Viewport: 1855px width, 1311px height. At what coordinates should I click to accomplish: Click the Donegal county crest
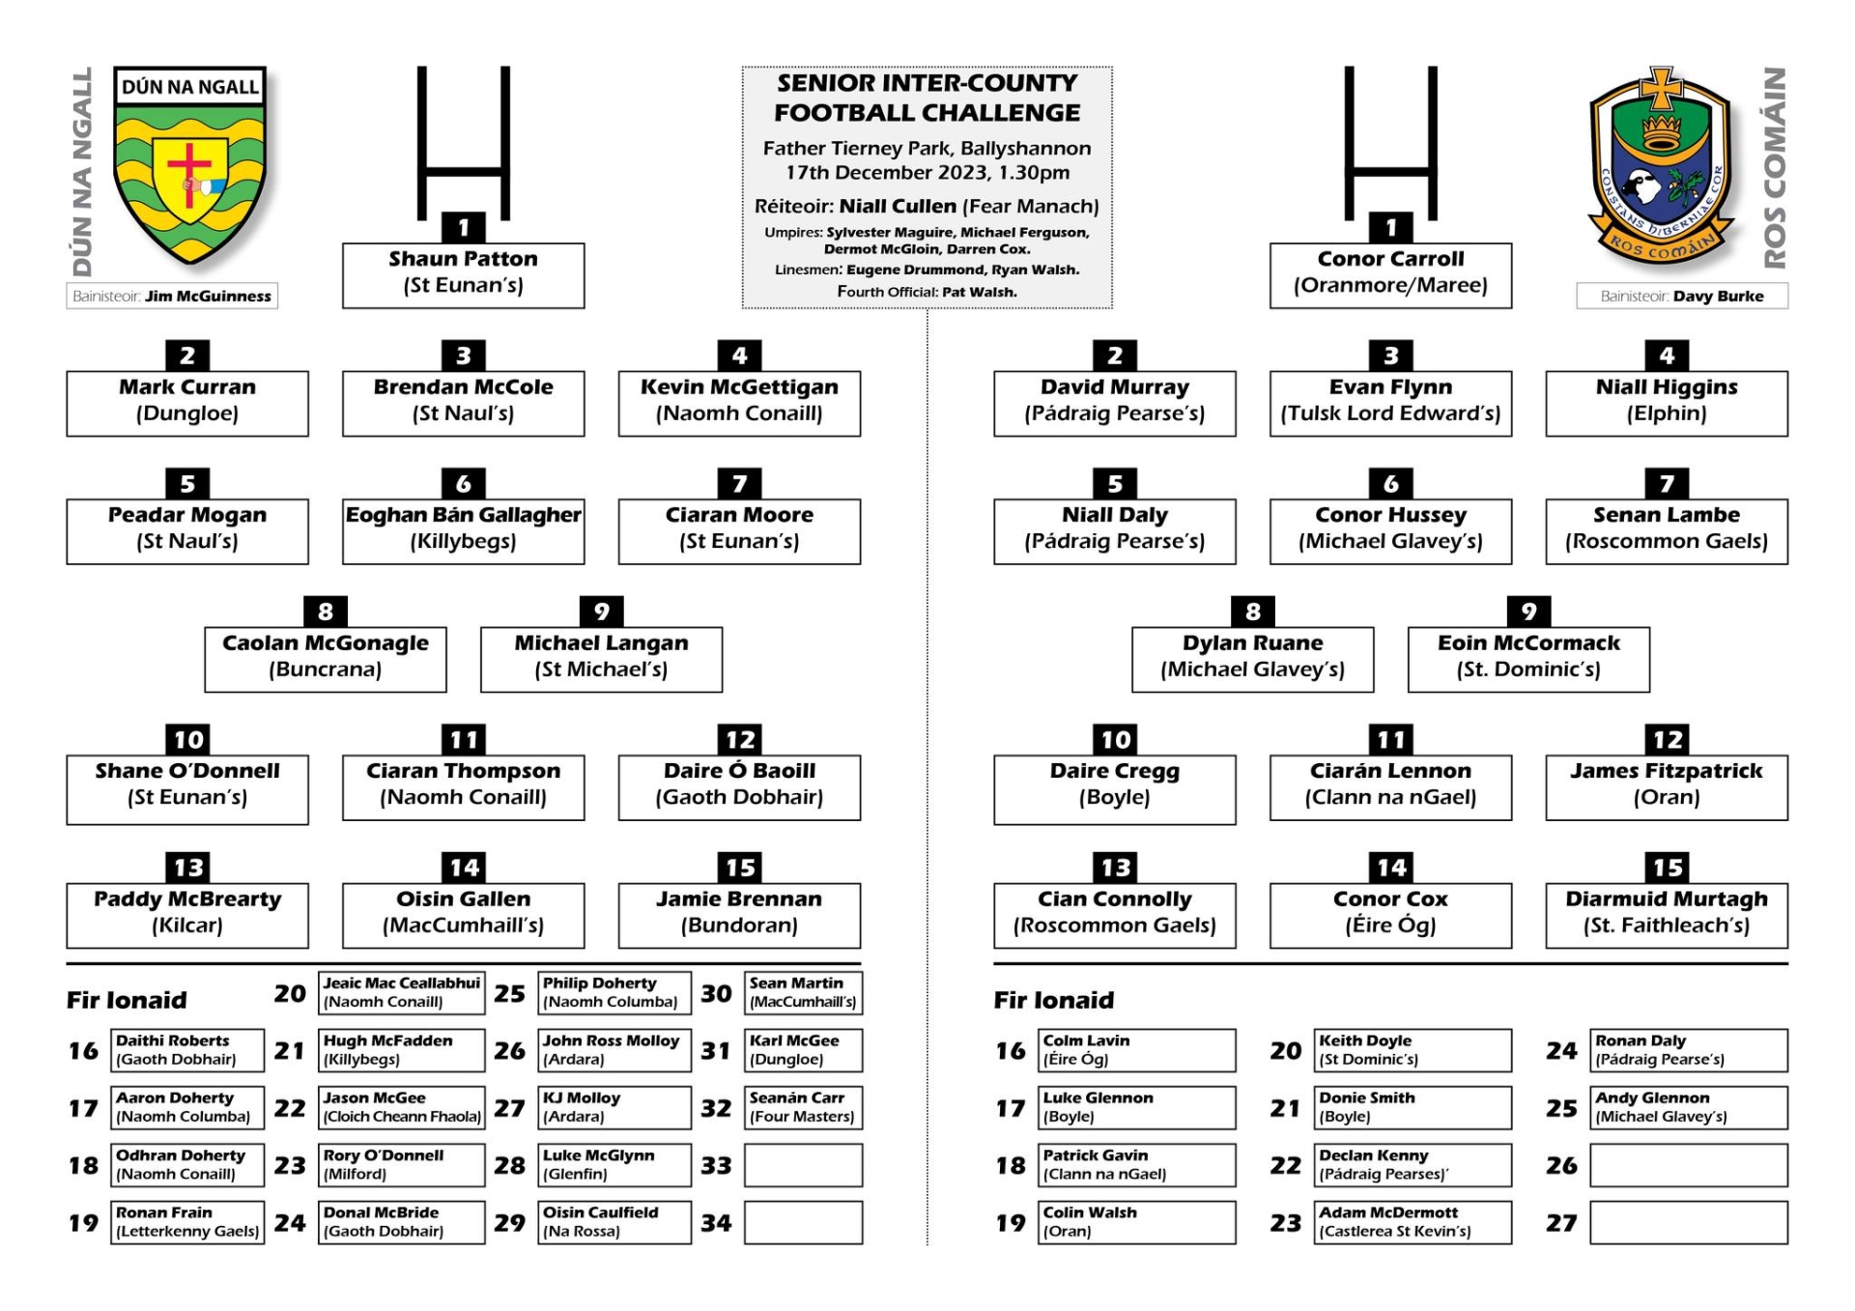(189, 164)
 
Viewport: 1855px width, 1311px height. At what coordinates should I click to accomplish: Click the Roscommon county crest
(1662, 166)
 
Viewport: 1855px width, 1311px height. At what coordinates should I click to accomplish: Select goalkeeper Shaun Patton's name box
(463, 275)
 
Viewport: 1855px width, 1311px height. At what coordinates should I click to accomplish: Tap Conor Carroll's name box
(1390, 275)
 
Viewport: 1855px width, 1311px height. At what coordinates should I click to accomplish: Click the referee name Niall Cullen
(898, 206)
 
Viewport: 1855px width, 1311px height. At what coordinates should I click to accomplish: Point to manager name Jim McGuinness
(208, 296)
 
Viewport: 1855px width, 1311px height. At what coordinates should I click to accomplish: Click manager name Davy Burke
(1718, 296)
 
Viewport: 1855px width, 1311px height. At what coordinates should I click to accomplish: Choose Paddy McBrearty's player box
(187, 915)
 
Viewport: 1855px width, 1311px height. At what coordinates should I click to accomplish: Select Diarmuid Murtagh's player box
(1667, 915)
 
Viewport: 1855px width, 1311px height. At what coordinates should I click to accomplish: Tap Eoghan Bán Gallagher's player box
(463, 531)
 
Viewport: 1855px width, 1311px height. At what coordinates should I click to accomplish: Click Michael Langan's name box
(601, 659)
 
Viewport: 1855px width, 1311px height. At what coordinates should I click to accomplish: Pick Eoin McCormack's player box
(1528, 659)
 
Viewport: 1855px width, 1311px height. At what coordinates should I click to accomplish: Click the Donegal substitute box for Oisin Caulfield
(614, 1222)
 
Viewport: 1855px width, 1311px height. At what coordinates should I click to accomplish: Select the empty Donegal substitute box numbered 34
(803, 1222)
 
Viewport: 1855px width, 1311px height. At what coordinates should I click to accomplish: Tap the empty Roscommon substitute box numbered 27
(1689, 1222)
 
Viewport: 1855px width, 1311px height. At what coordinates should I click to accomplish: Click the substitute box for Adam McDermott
(1413, 1222)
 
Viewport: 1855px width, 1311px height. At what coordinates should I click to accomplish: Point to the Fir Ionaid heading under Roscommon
(1054, 1000)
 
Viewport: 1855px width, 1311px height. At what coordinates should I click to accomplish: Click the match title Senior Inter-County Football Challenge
(927, 98)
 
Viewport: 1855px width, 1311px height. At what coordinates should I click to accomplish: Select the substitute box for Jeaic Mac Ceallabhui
(401, 992)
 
